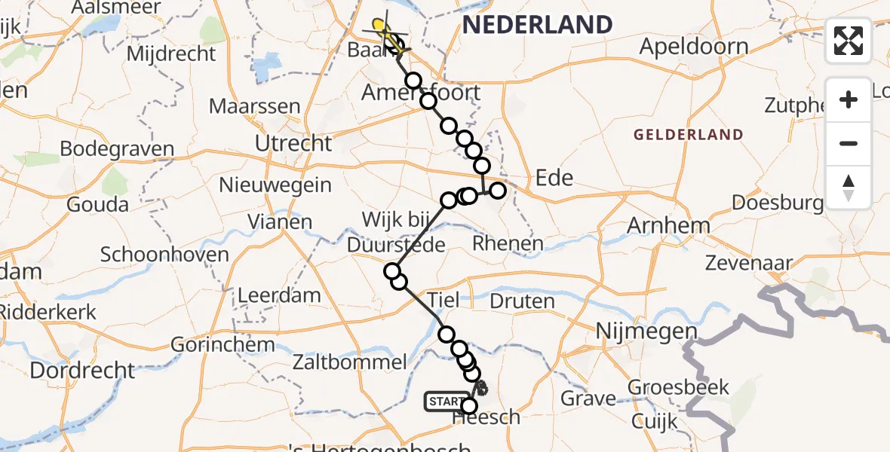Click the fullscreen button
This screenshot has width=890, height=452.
coord(849,41)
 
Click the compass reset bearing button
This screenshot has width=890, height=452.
coord(849,188)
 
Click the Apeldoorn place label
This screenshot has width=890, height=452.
coord(694,47)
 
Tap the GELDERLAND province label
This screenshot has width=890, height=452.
coord(689,135)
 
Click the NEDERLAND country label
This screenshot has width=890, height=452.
coord(537,25)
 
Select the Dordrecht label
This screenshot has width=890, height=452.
coord(83,371)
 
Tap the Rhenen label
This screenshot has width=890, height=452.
coord(508,243)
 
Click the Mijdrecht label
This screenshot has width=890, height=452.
coord(171,53)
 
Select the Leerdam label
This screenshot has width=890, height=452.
coord(279,295)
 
